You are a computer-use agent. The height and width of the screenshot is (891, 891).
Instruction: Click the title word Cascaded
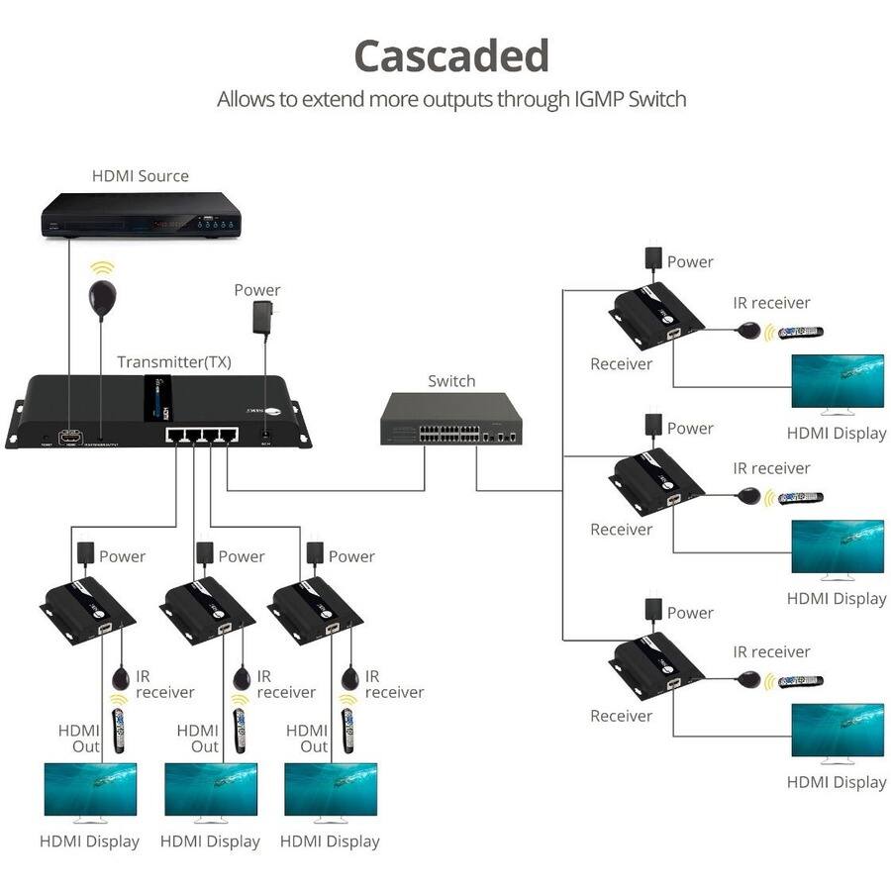click(x=450, y=56)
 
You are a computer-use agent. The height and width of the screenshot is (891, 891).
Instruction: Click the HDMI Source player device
click(x=141, y=214)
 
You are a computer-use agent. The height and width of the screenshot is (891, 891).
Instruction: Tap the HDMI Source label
click(x=141, y=176)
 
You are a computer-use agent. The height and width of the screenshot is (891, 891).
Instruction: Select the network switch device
click(x=451, y=420)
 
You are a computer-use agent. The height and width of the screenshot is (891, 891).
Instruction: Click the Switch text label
click(x=451, y=381)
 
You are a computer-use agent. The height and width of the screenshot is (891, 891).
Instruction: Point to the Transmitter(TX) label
click(x=174, y=362)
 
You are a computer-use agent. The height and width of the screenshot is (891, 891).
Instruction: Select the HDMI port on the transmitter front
click(x=70, y=436)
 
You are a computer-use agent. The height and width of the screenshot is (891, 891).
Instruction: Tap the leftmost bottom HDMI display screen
click(x=90, y=790)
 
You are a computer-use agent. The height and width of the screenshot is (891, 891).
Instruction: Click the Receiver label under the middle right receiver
click(x=621, y=530)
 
